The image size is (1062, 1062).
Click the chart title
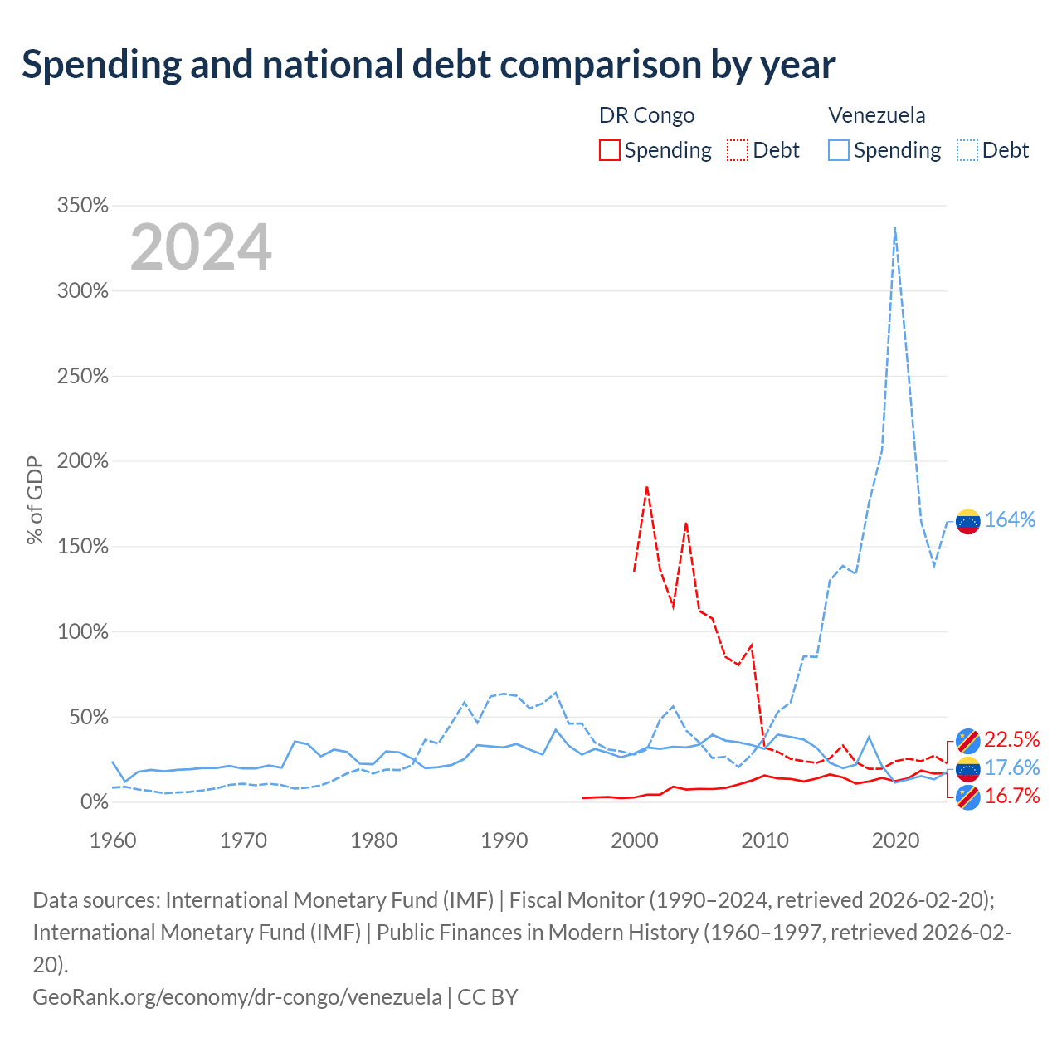[428, 65]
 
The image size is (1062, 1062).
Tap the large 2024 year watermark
[201, 246]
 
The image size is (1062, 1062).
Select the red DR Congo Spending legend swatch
[609, 150]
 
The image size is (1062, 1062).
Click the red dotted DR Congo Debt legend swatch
[737, 150]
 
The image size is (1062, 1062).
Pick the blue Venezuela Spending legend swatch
[838, 150]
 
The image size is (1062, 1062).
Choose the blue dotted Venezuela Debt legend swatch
[967, 150]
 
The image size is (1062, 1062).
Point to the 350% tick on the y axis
[83, 206]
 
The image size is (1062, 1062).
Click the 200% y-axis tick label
[83, 461]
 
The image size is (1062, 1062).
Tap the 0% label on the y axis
[95, 801]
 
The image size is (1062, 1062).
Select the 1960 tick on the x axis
[113, 840]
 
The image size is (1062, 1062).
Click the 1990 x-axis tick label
[504, 840]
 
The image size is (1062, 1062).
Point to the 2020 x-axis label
[895, 840]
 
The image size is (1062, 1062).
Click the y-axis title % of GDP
[35, 500]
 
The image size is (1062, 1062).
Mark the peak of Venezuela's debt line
[895, 227]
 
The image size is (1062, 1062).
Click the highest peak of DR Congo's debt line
[647, 487]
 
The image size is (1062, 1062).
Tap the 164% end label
[1010, 519]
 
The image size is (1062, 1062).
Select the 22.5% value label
[1012, 739]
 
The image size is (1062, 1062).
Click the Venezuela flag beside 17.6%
[967, 769]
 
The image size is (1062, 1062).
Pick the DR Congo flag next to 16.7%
[967, 797]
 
